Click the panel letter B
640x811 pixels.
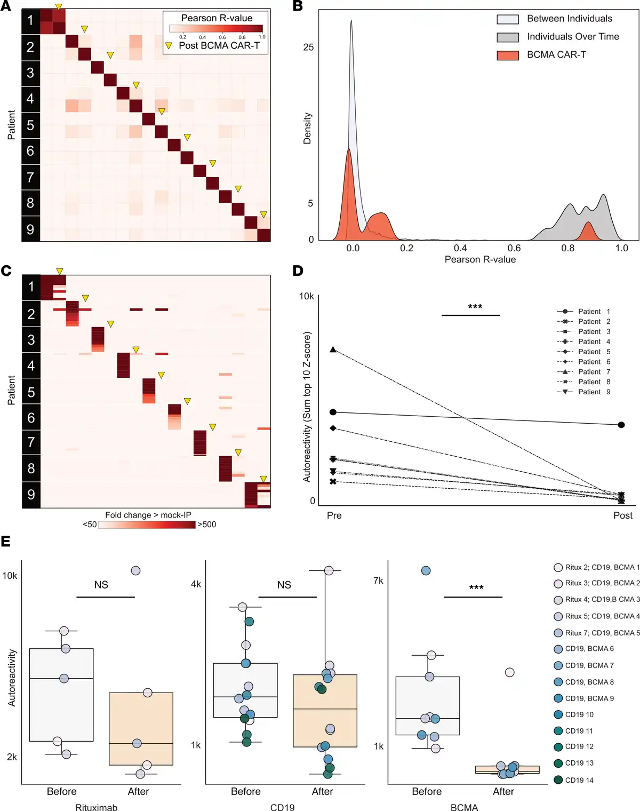[x=298, y=6]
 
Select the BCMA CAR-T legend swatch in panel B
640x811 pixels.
[x=508, y=55]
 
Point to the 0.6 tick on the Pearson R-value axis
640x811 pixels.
[x=514, y=248]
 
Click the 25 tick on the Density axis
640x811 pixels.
[x=308, y=47]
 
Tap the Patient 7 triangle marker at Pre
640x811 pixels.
[x=333, y=350]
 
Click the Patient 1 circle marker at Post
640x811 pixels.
[x=621, y=425]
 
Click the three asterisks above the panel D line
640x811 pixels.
[x=475, y=307]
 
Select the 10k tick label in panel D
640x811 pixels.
[x=306, y=296]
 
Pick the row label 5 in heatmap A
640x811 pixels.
[x=30, y=125]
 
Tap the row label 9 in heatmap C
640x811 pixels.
[x=31, y=495]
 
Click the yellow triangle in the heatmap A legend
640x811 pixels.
[x=169, y=46]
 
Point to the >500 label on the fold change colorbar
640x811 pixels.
[x=207, y=524]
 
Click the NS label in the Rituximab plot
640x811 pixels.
[x=101, y=585]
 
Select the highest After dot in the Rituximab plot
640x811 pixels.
[x=135, y=570]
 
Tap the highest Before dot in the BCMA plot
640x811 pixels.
[x=426, y=570]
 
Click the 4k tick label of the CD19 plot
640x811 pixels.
[x=196, y=584]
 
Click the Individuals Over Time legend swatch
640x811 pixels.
[x=508, y=37]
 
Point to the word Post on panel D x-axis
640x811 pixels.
[x=623, y=515]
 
